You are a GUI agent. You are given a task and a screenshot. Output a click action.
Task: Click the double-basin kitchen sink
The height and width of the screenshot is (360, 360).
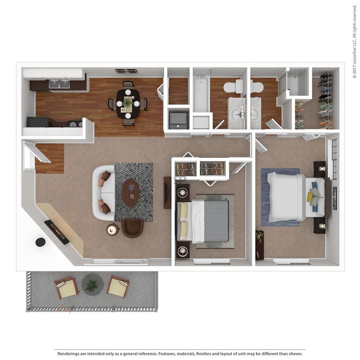pyautogui.click(x=59, y=84)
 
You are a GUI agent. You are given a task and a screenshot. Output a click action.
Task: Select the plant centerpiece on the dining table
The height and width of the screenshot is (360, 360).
pyautogui.click(x=128, y=102)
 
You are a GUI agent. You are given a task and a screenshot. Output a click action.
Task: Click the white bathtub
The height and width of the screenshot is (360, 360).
pyautogui.click(x=200, y=93)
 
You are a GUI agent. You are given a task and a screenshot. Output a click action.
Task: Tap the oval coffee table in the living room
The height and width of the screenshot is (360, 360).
pyautogui.click(x=131, y=192)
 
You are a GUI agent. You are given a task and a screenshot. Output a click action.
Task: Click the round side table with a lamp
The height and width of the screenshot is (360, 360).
pyautogui.click(x=113, y=230)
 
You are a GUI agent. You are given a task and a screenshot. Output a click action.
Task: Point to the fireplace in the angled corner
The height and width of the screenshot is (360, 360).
pyautogui.click(x=56, y=232)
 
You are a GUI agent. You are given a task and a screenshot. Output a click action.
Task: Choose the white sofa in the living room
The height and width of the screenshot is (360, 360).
pyautogui.click(x=103, y=193)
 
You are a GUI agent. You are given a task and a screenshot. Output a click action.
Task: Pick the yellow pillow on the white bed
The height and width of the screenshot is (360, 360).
pyautogui.click(x=310, y=197)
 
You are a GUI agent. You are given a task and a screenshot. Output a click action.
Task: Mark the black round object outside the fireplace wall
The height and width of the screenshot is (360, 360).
pyautogui.click(x=40, y=242)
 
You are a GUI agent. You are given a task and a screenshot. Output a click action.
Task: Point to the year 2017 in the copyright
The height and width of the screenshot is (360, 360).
pyautogui.click(x=354, y=71)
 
